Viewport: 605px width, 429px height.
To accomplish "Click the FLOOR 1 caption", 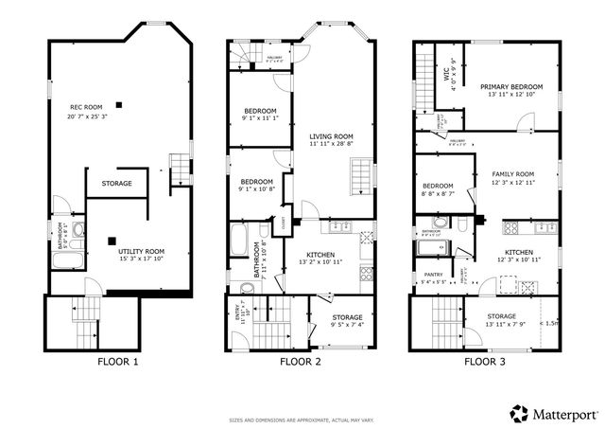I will tap(118, 362).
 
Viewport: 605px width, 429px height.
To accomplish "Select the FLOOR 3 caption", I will tap(483, 362).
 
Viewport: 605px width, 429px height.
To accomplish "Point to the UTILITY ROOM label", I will tap(141, 251).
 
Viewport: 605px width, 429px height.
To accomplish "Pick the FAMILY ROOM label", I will tap(513, 174).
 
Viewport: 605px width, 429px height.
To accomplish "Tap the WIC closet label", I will tap(450, 72).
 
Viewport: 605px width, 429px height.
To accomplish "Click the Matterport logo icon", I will tap(519, 413).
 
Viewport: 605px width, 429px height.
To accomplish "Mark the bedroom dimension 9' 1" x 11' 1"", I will tap(258, 119).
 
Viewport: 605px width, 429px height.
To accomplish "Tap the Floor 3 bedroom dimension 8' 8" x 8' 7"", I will tap(438, 193).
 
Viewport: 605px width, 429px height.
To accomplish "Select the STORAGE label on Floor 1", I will tap(117, 183).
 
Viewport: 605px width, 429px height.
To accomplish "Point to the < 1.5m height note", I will tap(547, 322).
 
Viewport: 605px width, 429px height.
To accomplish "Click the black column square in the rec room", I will tap(119, 103).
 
